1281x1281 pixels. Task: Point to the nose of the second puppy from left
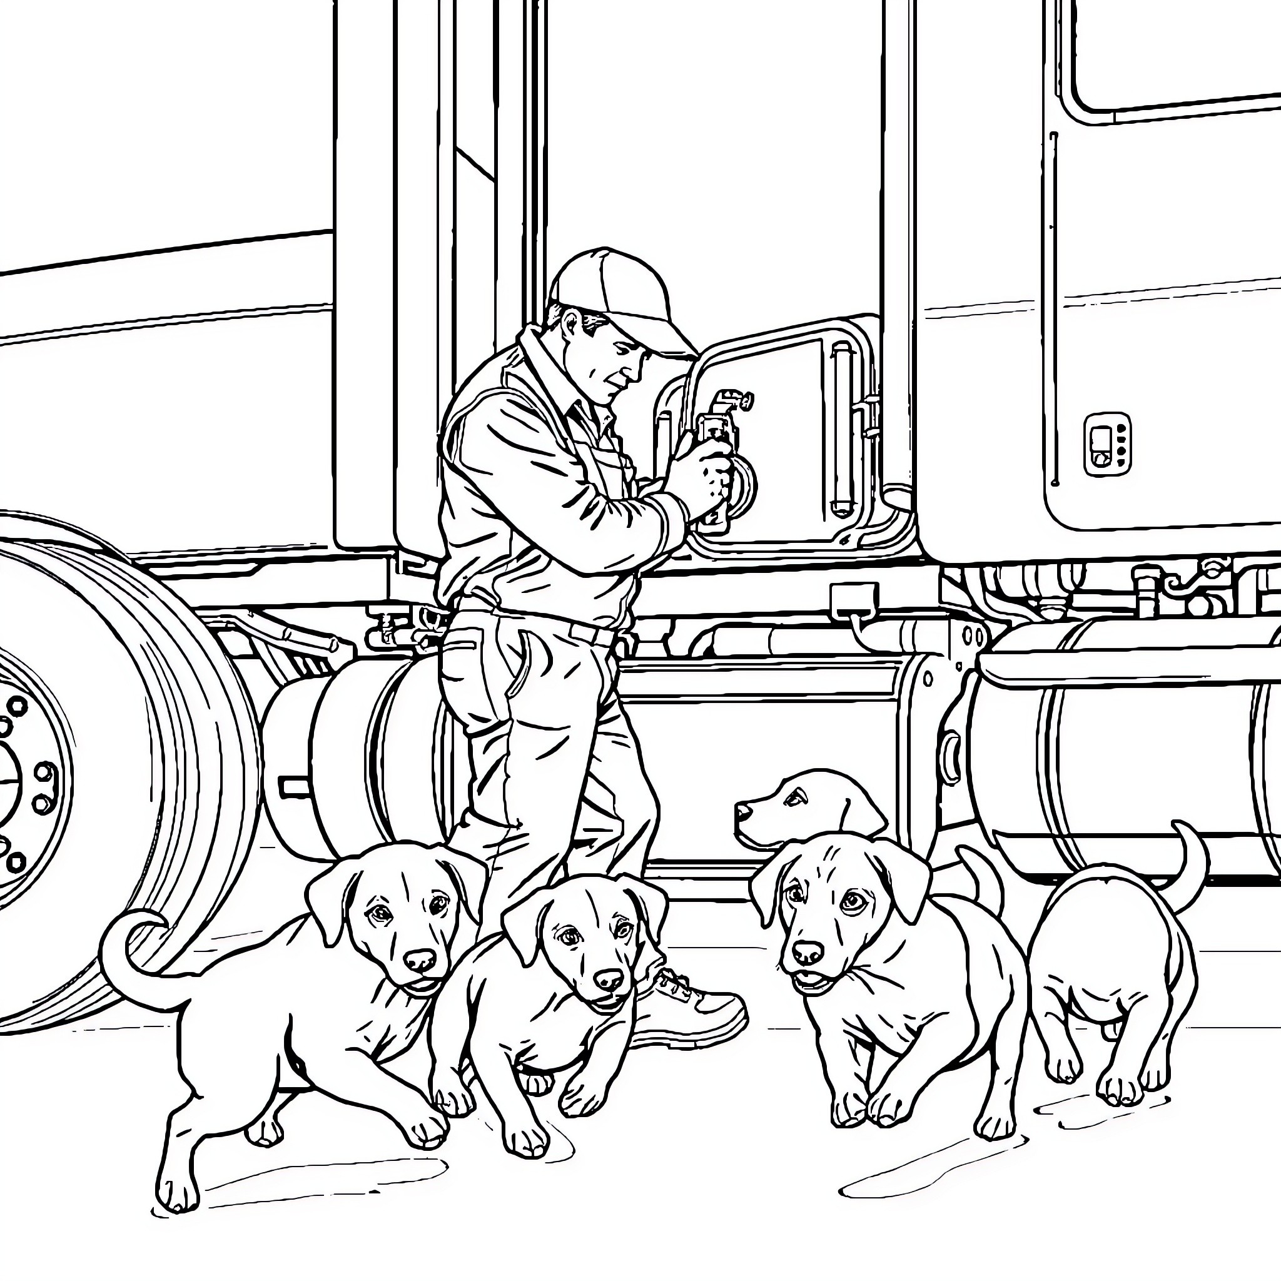pyautogui.click(x=608, y=979)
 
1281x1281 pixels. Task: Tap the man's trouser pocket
pyautogui.click(x=524, y=663)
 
